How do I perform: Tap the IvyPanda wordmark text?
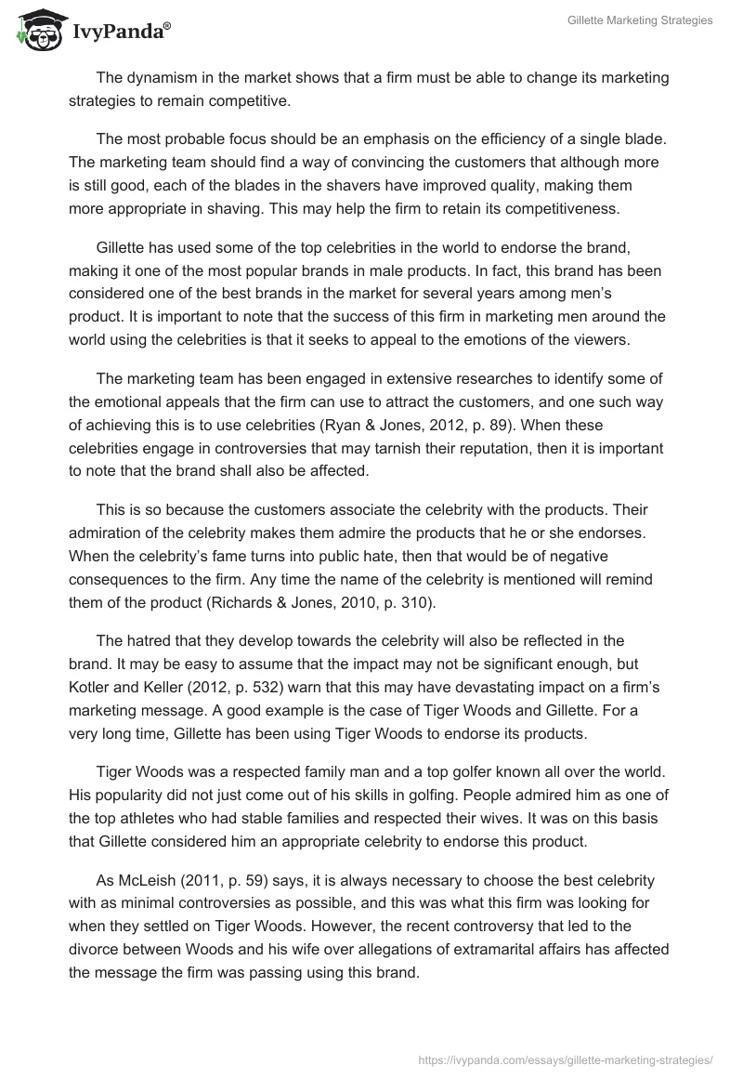pyautogui.click(x=121, y=33)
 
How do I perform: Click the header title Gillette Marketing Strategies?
pyautogui.click(x=640, y=20)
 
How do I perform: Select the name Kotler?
pyautogui.click(x=90, y=686)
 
